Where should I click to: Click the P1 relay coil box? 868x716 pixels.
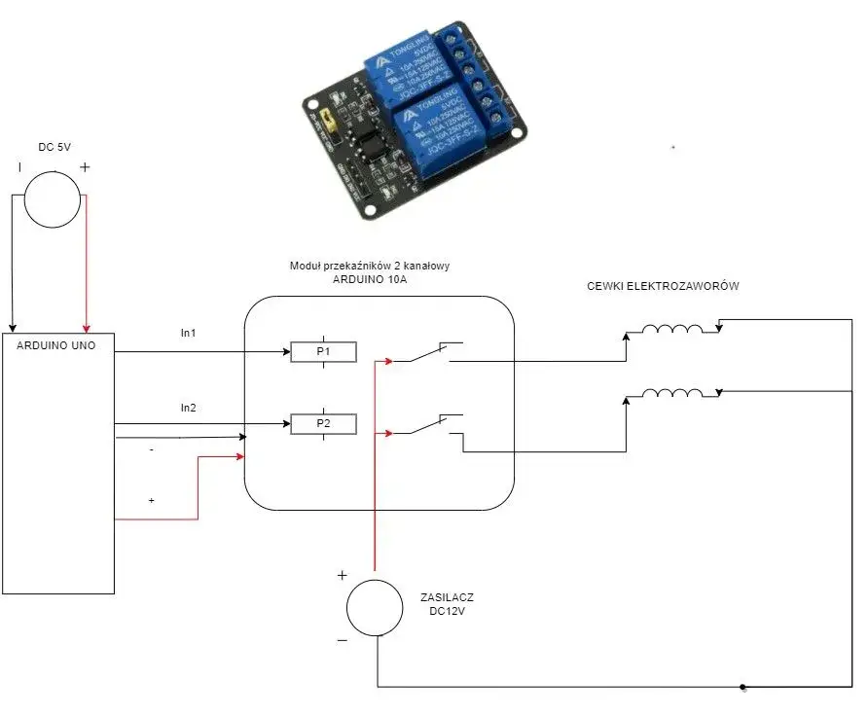pos(323,351)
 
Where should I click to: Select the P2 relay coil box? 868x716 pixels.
pos(323,423)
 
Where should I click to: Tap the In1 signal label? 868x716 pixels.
pos(188,333)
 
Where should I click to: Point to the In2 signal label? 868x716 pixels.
pos(188,408)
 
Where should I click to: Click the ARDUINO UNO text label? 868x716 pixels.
pos(56,344)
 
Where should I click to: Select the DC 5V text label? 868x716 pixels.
pos(53,146)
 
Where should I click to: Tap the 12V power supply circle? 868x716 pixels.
pos(375,608)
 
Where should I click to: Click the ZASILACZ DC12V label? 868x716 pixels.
pos(448,605)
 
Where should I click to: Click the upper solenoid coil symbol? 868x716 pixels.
pos(670,330)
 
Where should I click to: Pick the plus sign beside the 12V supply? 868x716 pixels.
pos(342,575)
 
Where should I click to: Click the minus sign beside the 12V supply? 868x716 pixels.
pos(342,640)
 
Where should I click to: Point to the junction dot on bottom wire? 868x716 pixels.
pos(742,686)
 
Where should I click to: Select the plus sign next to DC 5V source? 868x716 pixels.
pos(85,167)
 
